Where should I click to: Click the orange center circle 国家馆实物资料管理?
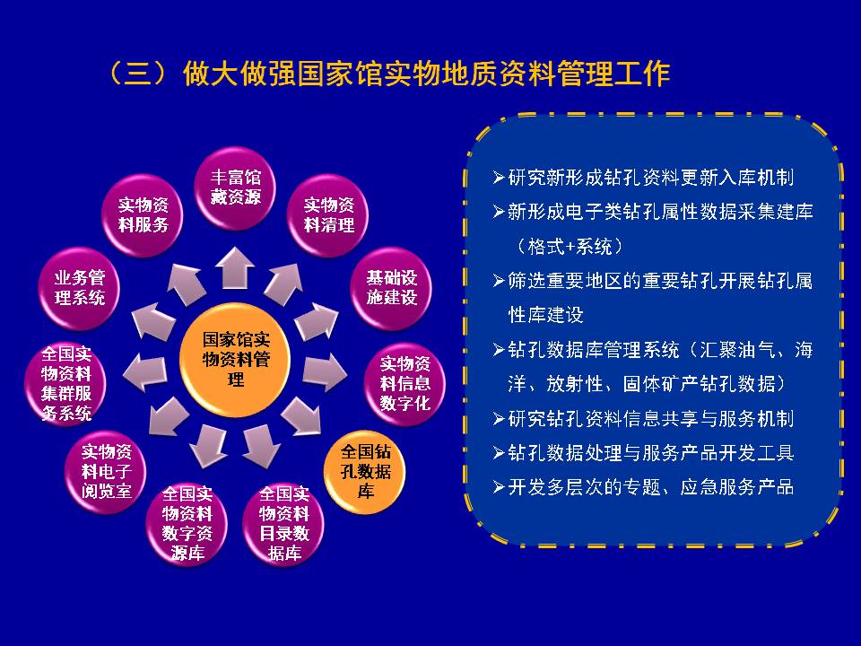(235, 359)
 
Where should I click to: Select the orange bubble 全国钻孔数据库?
(365, 472)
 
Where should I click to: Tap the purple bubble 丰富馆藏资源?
(235, 188)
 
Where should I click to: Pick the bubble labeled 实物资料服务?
(143, 214)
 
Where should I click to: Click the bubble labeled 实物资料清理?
(328, 214)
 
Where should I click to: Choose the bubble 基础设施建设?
(391, 288)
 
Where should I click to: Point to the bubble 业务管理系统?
(79, 288)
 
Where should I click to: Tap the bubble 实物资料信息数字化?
(404, 383)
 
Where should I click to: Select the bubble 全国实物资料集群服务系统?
(65, 383)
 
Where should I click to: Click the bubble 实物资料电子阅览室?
(106, 472)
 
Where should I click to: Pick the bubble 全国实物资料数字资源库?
(187, 523)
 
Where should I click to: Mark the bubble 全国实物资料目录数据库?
(283, 523)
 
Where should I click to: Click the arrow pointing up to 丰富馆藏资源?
(234, 267)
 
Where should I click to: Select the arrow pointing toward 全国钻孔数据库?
(301, 415)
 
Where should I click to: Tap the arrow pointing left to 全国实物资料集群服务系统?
(144, 371)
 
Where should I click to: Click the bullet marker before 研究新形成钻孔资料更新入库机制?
(498, 178)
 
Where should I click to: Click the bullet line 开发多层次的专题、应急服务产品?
(643, 486)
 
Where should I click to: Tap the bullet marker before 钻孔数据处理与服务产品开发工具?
(498, 452)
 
